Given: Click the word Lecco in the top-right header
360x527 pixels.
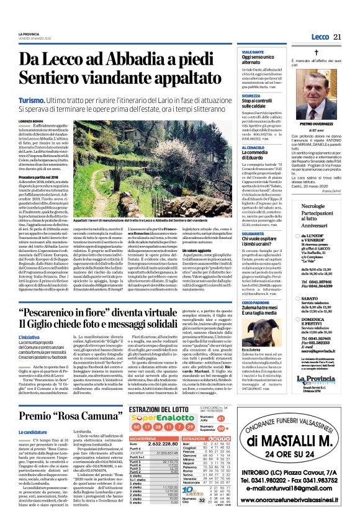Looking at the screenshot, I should click(319, 37).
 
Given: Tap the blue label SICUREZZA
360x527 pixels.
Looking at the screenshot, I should click(235, 97).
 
